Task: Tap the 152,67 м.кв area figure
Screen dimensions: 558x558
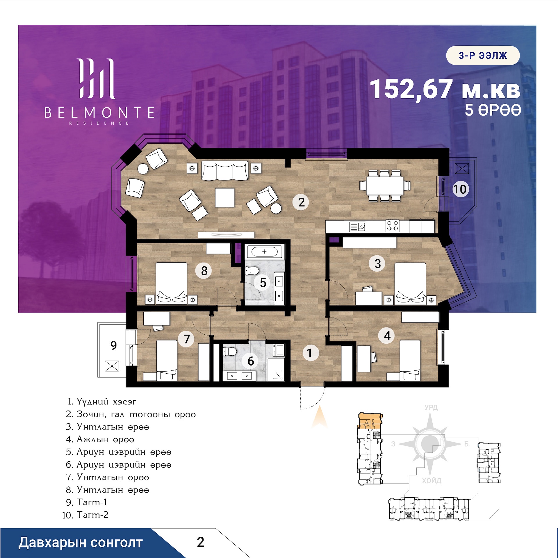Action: pos(445,89)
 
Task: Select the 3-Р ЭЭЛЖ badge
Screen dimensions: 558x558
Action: pos(483,55)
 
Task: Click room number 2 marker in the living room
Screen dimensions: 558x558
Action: pos(301,202)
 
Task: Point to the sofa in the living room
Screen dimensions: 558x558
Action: pos(225,171)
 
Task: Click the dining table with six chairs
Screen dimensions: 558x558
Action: pos(385,186)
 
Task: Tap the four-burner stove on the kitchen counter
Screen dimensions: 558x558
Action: pos(393,225)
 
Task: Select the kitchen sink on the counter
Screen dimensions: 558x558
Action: pos(358,227)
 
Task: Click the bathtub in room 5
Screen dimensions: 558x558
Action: pos(264,252)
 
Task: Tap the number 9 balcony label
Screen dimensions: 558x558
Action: pos(113,345)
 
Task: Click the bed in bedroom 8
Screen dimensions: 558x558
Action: pos(172,284)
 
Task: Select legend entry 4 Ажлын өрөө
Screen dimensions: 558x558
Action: pos(100,439)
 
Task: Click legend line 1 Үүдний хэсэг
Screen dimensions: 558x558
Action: pos(102,402)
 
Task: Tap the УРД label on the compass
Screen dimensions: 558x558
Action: pos(431,407)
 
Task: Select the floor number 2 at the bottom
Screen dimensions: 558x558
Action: pos(200,542)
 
